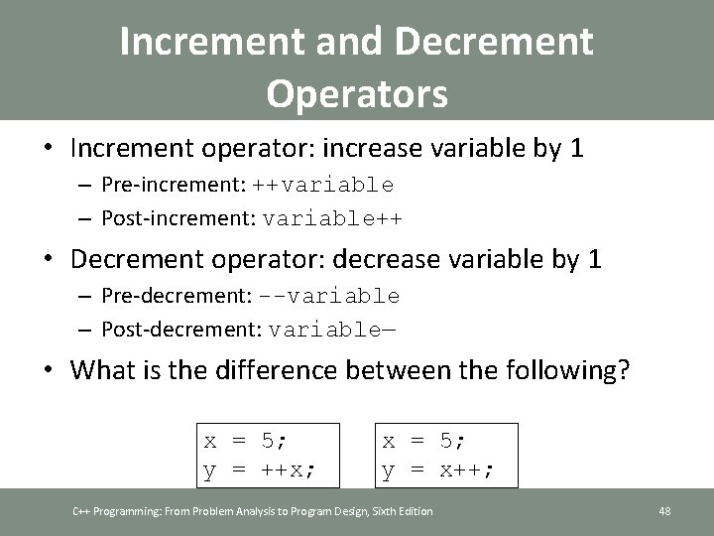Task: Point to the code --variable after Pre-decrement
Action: [330, 296]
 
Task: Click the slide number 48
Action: [664, 511]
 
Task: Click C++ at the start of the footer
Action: [81, 511]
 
